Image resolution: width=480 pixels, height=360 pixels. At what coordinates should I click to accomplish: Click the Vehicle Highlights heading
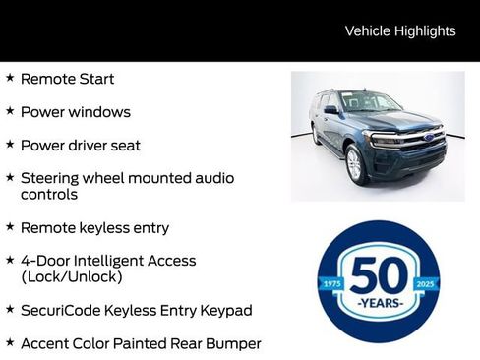(x=400, y=30)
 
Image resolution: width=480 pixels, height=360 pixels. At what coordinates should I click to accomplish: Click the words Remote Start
(x=67, y=79)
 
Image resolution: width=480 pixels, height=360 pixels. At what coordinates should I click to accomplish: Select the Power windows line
(x=75, y=112)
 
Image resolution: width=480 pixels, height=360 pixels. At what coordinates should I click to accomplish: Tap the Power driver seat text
(x=80, y=146)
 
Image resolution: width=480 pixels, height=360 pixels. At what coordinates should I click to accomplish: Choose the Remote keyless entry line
(x=94, y=228)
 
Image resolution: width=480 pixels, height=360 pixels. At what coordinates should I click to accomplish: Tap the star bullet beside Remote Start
(x=10, y=77)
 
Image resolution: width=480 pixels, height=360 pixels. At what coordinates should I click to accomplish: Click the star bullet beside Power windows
(x=10, y=110)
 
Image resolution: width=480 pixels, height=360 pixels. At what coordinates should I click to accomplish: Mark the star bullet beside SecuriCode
(x=10, y=309)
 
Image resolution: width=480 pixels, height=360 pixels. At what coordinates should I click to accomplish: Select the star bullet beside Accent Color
(x=10, y=342)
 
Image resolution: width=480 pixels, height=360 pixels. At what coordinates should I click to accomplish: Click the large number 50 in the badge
(x=379, y=274)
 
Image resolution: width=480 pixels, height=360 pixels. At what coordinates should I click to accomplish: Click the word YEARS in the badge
(x=379, y=303)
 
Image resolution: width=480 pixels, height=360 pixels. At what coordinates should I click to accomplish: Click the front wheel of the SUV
(x=355, y=163)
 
